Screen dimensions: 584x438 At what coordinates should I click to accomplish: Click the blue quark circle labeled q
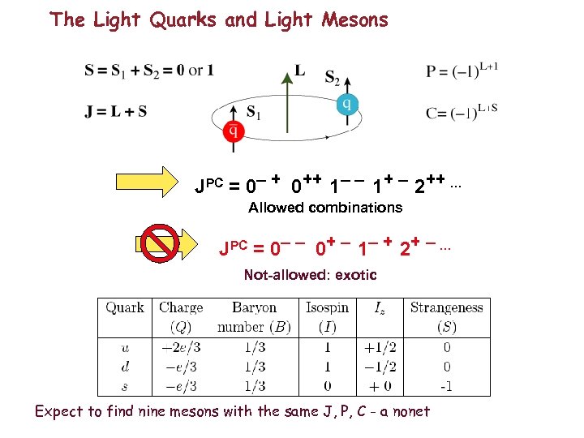346,104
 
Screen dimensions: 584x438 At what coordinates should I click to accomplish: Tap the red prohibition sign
159,244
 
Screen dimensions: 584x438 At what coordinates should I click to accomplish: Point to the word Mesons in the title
352,19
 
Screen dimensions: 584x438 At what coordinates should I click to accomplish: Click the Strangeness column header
446,307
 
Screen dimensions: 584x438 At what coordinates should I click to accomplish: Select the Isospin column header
327,307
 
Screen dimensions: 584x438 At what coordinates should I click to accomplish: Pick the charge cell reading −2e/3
180,347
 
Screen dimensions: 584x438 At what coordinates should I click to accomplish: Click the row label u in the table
123,347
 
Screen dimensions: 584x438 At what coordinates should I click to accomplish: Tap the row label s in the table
123,386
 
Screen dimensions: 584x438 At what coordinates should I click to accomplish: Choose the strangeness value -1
446,386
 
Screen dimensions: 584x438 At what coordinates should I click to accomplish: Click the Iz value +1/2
379,347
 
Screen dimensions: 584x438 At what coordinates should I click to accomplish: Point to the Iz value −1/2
379,367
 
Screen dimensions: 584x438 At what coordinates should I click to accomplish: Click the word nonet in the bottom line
409,411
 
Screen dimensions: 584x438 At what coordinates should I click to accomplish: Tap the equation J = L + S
116,112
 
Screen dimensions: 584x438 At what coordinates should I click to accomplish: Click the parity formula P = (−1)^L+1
462,71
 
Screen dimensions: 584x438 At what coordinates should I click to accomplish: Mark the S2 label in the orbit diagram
332,78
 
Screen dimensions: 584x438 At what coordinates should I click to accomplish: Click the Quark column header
124,307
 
